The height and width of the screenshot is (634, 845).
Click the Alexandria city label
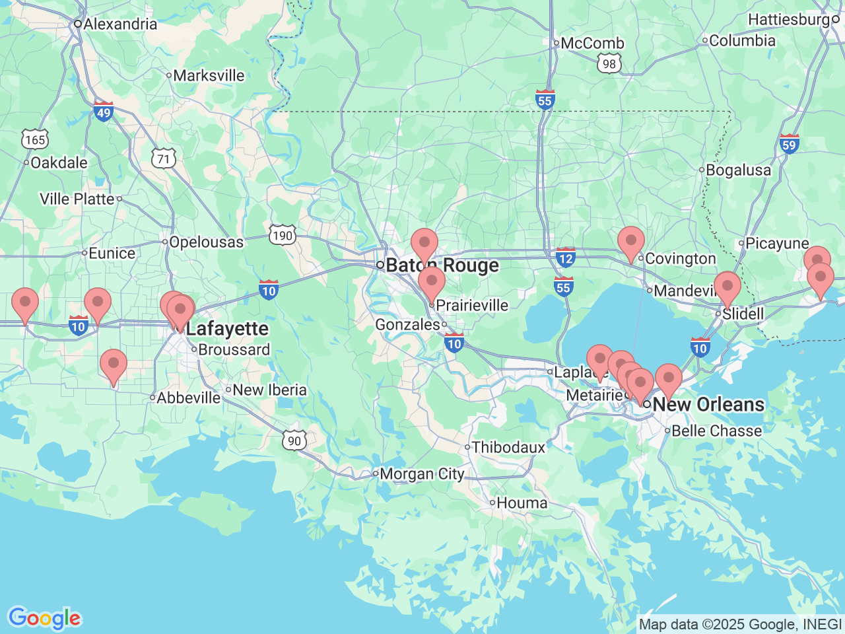pos(119,24)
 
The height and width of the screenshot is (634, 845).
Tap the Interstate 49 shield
pos(104,112)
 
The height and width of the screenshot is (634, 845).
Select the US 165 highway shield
pos(34,139)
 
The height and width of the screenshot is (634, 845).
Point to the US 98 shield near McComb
pos(609,63)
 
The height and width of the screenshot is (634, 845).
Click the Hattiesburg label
pos(788,20)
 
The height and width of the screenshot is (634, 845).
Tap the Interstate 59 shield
pos(789,144)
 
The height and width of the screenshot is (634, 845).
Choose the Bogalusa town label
pos(737,170)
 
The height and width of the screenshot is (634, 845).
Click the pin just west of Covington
pos(631,242)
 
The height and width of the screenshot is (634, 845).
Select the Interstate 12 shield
pos(565,258)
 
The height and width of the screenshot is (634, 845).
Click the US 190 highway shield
pos(282,236)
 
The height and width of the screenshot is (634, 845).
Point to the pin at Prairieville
pos(432,283)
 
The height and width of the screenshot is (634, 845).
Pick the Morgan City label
pos(421,474)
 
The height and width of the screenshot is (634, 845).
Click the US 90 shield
pos(294,440)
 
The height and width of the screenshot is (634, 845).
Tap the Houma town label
pos(522,503)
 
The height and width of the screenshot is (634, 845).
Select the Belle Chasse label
pos(716,431)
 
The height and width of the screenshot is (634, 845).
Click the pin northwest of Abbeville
pos(114,365)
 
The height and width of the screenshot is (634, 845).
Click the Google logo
pos(44,619)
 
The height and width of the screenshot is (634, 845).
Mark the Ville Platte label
pos(77,199)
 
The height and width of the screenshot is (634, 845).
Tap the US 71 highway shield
pos(164,158)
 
